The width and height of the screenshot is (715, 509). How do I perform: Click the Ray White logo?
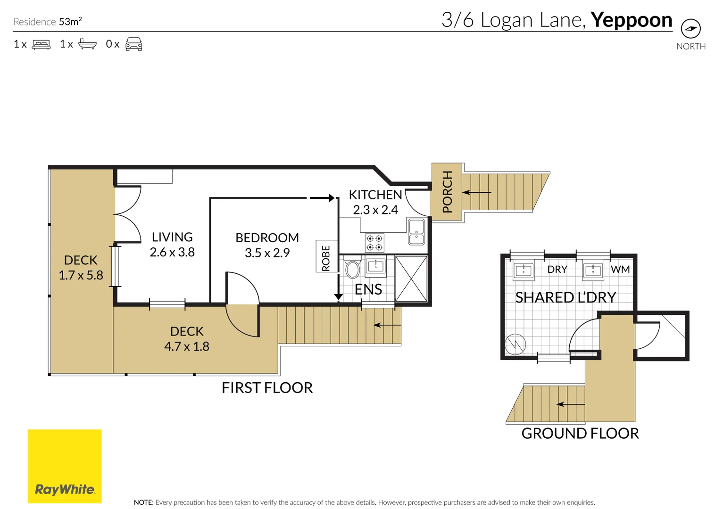point(65,466)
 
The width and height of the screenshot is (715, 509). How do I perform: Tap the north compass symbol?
point(691,28)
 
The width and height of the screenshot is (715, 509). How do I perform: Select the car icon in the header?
point(134,44)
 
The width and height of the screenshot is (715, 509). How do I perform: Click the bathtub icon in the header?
point(87,44)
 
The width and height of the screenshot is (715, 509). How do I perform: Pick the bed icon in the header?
point(41,44)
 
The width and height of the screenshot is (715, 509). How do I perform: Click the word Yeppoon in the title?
point(632,21)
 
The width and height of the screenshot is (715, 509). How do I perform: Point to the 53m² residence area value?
point(70,21)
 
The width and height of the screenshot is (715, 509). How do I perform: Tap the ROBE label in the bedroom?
point(325,258)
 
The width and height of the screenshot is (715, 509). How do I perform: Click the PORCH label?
point(448,192)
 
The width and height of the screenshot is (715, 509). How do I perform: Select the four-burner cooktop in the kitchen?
point(374,243)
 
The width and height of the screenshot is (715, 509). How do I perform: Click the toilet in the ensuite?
point(352,267)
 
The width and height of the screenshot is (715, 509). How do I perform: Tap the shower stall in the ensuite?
point(411,279)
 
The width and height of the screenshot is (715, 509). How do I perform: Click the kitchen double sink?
point(416,231)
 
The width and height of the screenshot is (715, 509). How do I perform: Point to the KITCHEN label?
point(375,195)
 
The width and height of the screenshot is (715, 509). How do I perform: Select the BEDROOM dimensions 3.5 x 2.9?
point(267,253)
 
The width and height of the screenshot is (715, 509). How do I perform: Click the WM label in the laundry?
point(620,269)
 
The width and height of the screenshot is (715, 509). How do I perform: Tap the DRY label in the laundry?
point(557,269)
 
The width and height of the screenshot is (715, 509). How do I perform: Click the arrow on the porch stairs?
point(477,192)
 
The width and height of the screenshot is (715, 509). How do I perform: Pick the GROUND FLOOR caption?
point(580,434)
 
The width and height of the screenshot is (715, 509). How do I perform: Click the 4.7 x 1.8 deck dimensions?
point(187,346)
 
